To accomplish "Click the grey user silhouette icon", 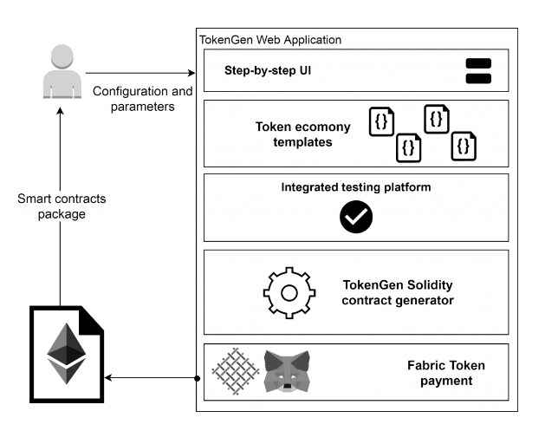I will coord(60,74).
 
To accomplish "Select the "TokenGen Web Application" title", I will coord(270,40).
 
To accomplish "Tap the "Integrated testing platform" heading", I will coord(356,186).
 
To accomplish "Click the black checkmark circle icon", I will coord(356,218).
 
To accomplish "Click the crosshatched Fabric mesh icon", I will coord(237,371).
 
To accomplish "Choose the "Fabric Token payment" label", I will coord(445,373).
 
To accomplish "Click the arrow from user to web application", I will coord(139,73).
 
